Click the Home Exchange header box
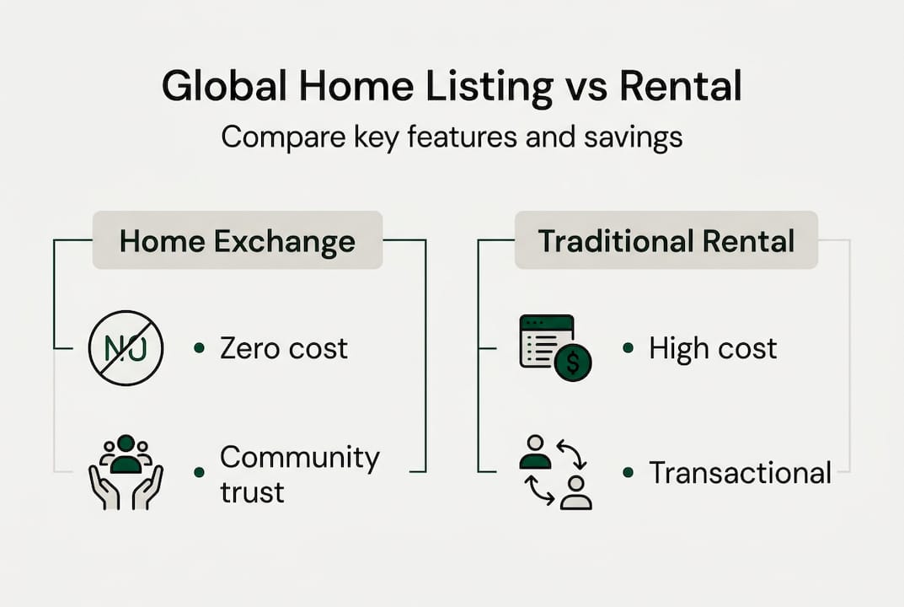coord(237,241)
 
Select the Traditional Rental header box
coord(666,241)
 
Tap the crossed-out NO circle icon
coord(126,347)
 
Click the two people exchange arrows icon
coord(554,472)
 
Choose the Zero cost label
coord(283,347)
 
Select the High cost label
coord(712,347)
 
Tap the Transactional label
coord(740,472)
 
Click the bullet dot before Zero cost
coord(199,347)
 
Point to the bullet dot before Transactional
coord(627,472)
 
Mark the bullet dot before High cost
coord(627,347)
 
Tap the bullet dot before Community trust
coord(199,472)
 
